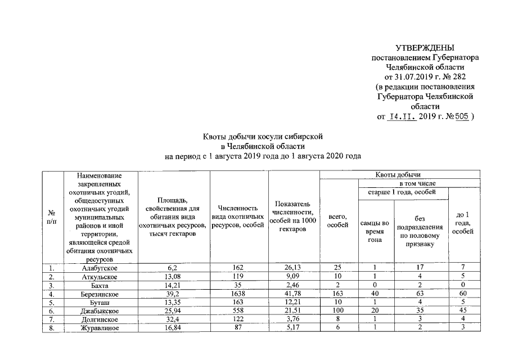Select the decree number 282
click(458, 76)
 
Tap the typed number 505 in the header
click(461, 117)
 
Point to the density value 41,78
click(293, 294)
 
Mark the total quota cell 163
click(337, 294)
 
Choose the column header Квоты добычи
click(399, 175)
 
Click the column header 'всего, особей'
click(337, 221)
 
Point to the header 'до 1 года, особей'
click(462, 223)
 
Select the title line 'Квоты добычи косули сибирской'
click(262, 137)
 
